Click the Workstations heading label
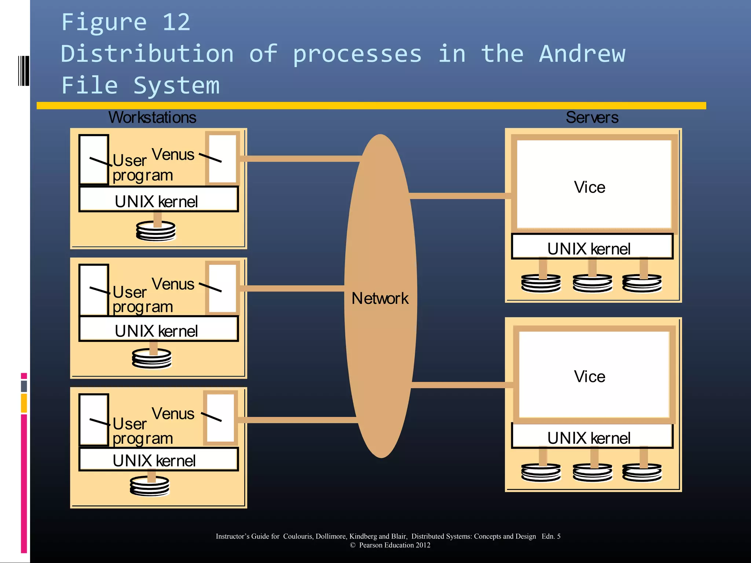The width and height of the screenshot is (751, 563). tap(152, 117)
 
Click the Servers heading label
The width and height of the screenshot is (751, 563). tap(592, 117)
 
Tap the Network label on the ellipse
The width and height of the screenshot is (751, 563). tap(380, 298)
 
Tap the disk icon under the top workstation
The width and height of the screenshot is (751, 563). tap(155, 231)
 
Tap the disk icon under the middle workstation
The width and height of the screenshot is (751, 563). tap(152, 358)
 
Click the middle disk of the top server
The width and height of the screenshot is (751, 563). tap(592, 283)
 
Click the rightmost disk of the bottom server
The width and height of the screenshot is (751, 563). tap(642, 472)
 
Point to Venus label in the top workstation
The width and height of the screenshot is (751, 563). tap(173, 154)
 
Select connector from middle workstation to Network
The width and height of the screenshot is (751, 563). tap(293, 288)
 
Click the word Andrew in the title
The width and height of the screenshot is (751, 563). tap(582, 54)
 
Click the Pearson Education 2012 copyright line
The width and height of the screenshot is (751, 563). tap(390, 545)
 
